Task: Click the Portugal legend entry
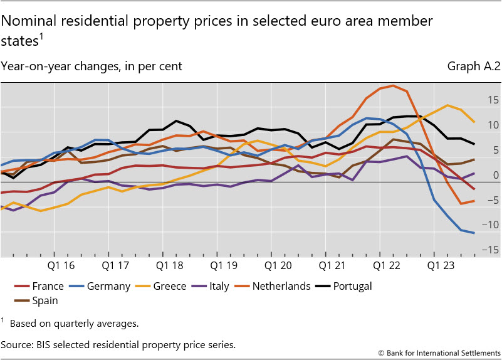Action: [x=351, y=286]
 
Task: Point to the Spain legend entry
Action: [x=41, y=300]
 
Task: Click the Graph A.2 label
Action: [x=474, y=66]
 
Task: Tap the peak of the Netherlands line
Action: [x=393, y=85]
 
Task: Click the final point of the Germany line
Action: [x=474, y=233]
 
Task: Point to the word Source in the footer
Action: [x=18, y=344]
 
